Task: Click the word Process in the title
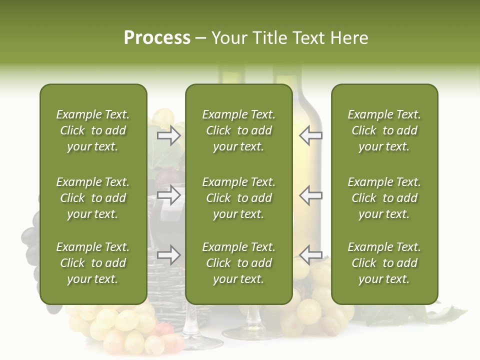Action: point(157,38)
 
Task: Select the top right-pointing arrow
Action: point(169,135)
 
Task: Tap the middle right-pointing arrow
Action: point(169,195)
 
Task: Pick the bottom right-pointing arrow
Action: point(169,255)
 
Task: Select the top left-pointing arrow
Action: point(310,135)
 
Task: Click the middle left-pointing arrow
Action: point(310,195)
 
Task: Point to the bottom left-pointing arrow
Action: point(310,255)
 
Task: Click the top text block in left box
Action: point(93,130)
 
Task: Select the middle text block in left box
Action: point(93,198)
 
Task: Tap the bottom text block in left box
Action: point(93,263)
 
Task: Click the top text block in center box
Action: point(238,130)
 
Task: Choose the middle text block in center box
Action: point(238,198)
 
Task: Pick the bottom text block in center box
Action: point(238,263)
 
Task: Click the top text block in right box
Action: point(384,130)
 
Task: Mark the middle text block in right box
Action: point(384,198)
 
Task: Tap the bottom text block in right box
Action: point(384,263)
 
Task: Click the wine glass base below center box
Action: point(250,332)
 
